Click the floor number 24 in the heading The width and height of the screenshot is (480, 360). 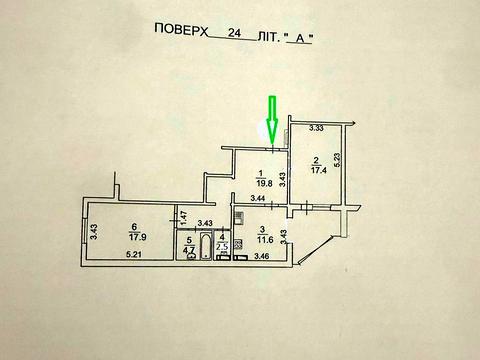(x=235, y=32)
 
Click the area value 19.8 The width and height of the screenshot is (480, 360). (x=264, y=182)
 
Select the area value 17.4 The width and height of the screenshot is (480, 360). (x=318, y=172)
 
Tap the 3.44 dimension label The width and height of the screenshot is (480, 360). (x=257, y=200)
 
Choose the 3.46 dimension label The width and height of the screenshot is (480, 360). (x=263, y=257)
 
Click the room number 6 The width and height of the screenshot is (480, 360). (x=133, y=227)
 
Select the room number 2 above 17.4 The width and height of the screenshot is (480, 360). (x=316, y=161)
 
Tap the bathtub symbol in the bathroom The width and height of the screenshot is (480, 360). (x=206, y=246)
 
